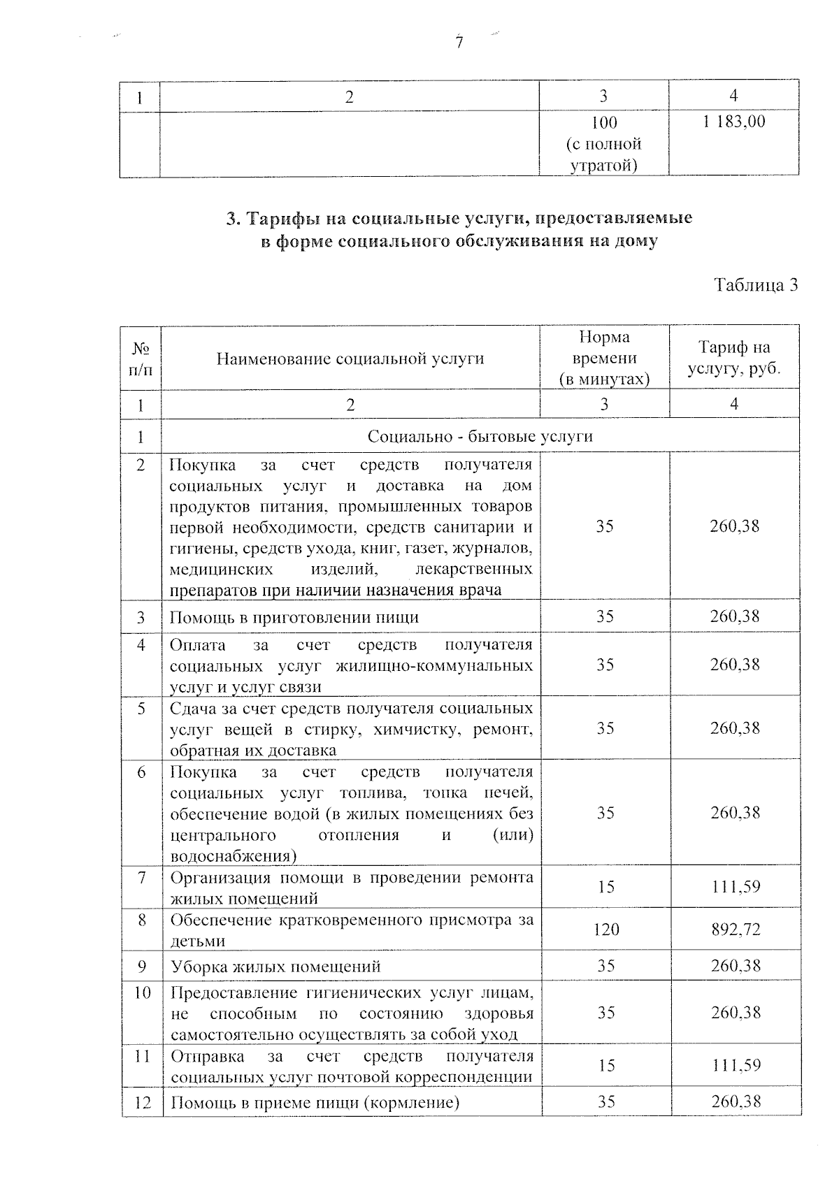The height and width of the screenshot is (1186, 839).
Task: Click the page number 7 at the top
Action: (x=459, y=43)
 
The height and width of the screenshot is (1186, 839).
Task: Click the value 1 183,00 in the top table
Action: (x=733, y=122)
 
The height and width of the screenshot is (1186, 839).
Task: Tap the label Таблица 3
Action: (x=755, y=285)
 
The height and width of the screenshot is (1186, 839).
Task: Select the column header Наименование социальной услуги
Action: (x=350, y=359)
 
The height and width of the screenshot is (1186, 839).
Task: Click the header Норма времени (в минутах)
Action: (x=604, y=358)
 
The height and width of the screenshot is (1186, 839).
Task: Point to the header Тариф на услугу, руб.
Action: (x=733, y=358)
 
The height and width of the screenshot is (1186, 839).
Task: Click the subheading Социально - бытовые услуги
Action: (x=480, y=436)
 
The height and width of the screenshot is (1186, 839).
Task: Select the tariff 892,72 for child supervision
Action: (x=735, y=930)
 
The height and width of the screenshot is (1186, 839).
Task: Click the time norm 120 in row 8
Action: (x=605, y=930)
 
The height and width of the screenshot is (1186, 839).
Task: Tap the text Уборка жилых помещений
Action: (x=276, y=967)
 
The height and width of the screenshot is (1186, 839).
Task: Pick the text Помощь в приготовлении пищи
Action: (x=294, y=617)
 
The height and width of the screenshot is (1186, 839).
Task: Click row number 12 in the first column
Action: (x=142, y=1103)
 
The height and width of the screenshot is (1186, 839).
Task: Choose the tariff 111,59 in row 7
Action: (x=735, y=887)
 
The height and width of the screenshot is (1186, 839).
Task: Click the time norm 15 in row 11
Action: (x=605, y=1065)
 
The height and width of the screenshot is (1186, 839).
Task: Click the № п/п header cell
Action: (x=141, y=358)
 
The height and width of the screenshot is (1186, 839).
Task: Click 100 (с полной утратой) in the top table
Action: (x=604, y=144)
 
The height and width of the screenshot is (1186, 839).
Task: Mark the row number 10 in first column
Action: (x=142, y=992)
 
